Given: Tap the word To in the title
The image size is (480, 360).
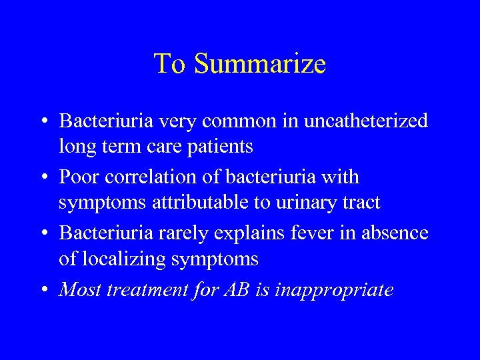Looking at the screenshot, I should (167, 64).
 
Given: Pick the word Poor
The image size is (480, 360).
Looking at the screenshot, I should (80, 177).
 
